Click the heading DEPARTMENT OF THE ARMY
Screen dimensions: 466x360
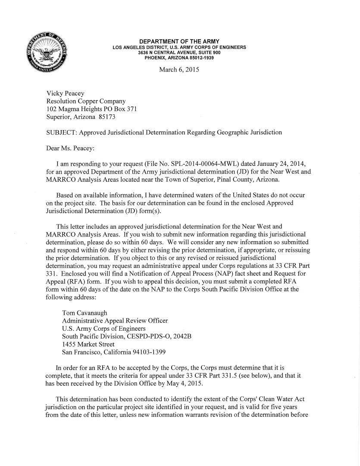point(179,41)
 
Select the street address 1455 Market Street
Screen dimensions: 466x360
point(88,345)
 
